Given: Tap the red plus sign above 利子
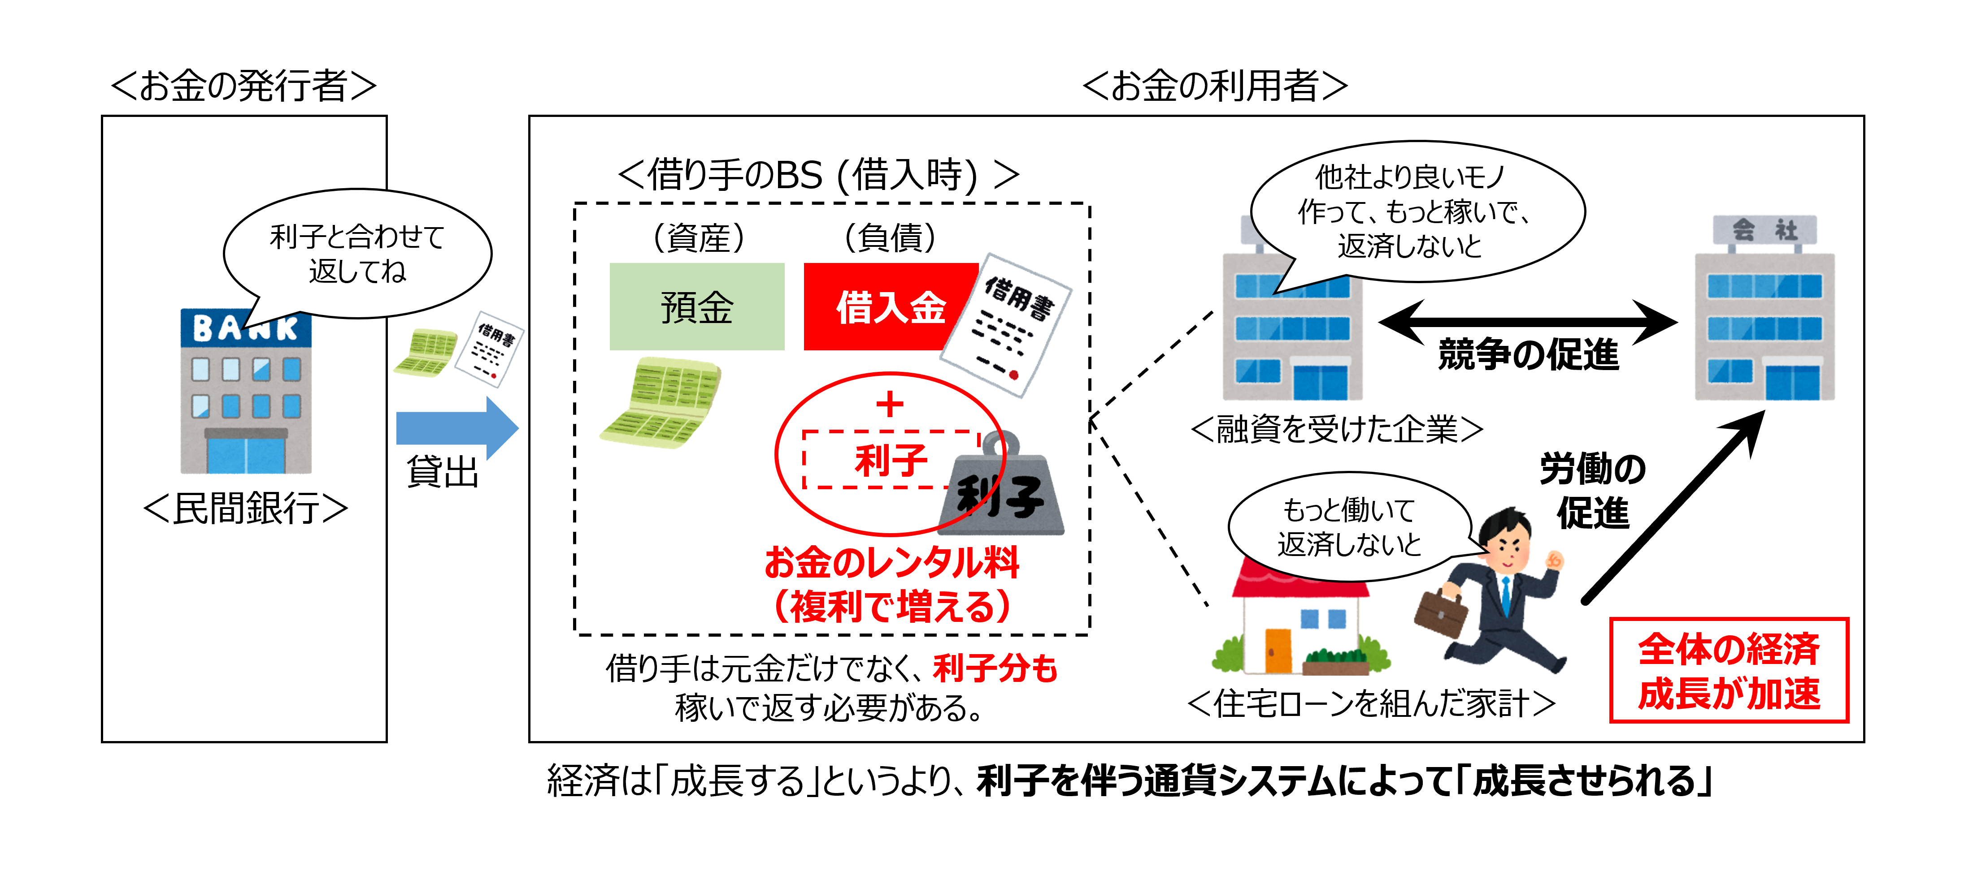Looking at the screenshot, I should point(890,404).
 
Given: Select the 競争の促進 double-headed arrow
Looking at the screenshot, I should point(1528,322).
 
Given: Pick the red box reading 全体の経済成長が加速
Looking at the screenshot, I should point(1729,671).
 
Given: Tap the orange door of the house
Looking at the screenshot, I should point(1278,651).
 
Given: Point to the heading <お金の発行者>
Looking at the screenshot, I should point(243,86).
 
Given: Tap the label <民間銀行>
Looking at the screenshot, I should point(245,509).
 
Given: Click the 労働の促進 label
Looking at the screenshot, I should point(1593,491).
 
